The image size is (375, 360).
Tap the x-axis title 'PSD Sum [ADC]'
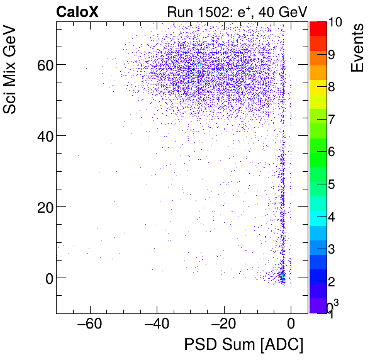(243, 345)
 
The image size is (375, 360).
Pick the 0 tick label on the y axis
(46, 278)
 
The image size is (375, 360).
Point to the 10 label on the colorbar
(335, 22)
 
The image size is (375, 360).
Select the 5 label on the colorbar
(332, 184)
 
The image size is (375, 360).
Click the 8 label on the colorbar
(332, 87)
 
